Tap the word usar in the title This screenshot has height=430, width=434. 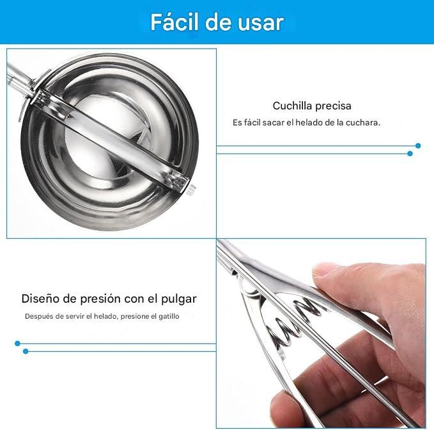(260, 22)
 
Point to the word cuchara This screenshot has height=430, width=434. (362, 122)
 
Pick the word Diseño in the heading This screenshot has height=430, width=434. (40, 298)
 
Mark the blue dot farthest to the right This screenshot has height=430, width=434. (418, 146)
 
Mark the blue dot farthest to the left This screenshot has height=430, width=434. (17, 344)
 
